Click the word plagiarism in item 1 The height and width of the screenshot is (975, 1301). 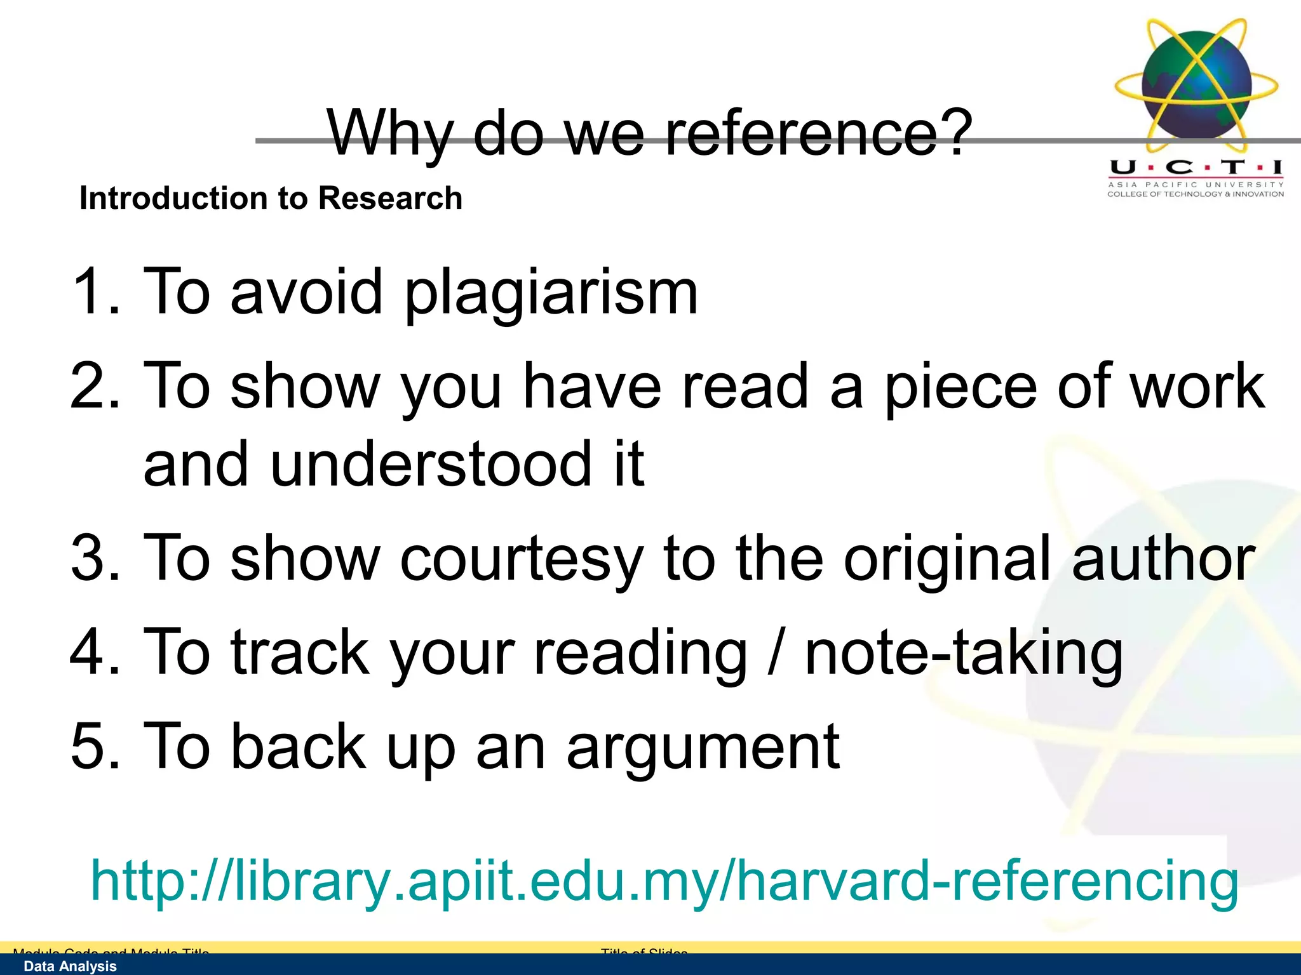(551, 292)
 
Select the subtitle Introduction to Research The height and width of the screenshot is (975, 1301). (271, 198)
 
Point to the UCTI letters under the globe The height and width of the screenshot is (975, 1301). (1196, 168)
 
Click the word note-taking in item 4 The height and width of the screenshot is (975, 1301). (964, 653)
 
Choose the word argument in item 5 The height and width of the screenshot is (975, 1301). (703, 748)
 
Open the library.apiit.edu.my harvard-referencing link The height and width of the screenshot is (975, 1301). (664, 881)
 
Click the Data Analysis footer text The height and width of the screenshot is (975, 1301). (70, 966)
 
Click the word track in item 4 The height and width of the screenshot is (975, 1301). (300, 653)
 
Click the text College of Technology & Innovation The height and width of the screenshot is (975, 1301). (1196, 194)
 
